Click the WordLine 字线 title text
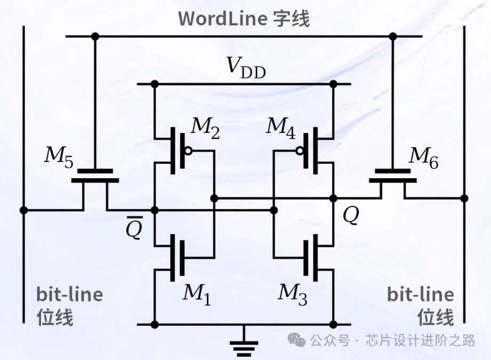tap(244, 18)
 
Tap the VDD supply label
tap(246, 67)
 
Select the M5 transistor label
tap(59, 155)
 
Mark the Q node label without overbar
tap(351, 215)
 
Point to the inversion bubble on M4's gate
tap(301, 151)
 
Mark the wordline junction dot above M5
tap(95, 36)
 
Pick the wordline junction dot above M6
tap(393, 36)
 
